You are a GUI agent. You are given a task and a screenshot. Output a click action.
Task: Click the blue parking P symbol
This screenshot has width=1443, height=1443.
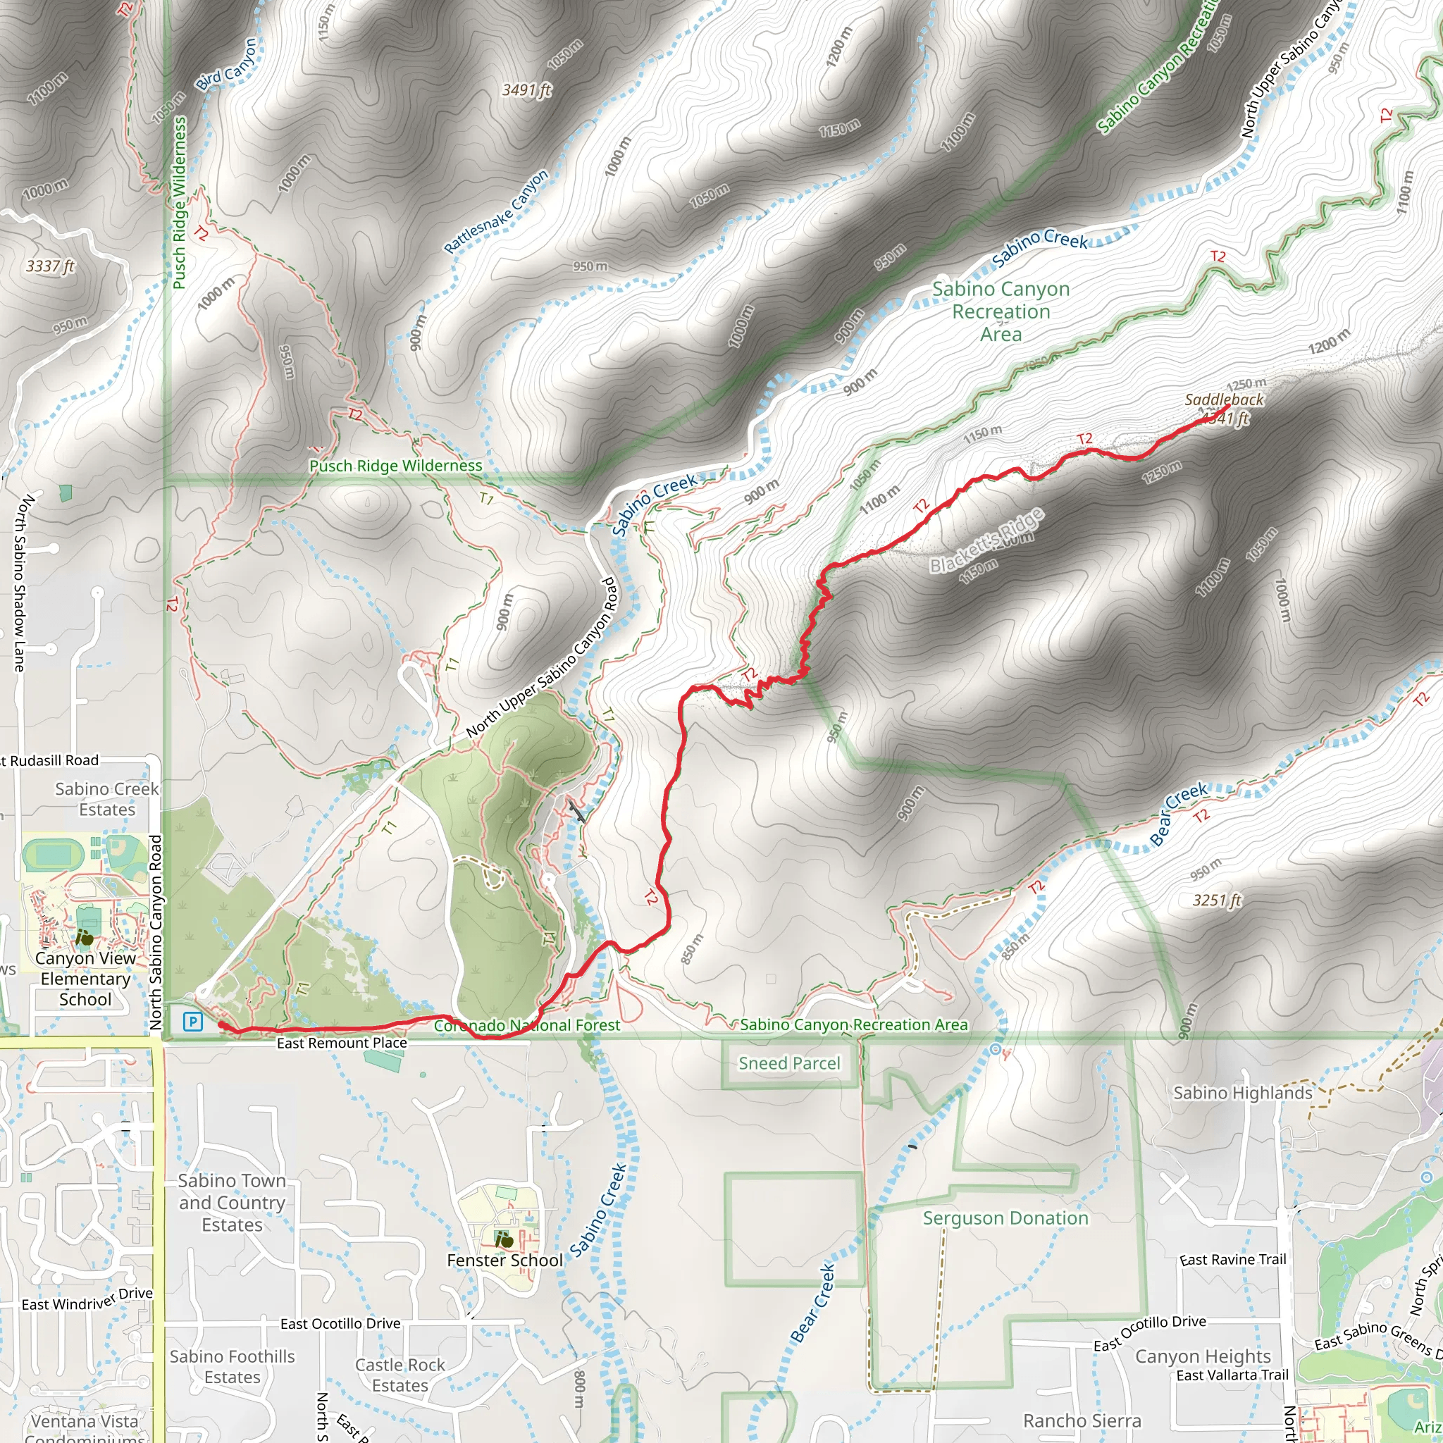(x=192, y=1021)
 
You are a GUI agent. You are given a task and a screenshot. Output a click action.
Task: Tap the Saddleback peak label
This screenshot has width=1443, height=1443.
(x=1224, y=400)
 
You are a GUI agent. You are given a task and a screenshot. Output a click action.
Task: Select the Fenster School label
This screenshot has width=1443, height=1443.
(x=505, y=1260)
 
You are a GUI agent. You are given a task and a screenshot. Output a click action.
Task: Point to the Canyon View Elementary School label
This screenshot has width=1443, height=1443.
(x=85, y=979)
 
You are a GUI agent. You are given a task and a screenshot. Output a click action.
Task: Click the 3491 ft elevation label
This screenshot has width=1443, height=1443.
(x=526, y=90)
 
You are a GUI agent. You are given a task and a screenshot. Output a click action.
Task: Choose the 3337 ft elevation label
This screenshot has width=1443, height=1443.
(x=51, y=266)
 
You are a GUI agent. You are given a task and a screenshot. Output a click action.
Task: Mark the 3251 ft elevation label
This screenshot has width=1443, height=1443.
(x=1217, y=900)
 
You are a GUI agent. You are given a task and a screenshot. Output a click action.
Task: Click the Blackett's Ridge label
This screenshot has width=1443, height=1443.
(x=986, y=540)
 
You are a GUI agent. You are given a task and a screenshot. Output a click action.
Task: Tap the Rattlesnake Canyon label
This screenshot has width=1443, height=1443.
(x=497, y=211)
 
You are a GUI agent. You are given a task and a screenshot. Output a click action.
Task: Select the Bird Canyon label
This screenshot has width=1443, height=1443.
(x=227, y=64)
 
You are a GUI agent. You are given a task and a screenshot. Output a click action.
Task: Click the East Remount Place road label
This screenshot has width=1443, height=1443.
(x=342, y=1043)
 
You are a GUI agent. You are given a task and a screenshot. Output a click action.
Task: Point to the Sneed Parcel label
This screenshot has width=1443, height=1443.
(x=789, y=1063)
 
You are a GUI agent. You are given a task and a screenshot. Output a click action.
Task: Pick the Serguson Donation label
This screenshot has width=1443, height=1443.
(x=1005, y=1218)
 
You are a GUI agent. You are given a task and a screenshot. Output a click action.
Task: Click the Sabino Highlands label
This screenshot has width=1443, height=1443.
(x=1243, y=1093)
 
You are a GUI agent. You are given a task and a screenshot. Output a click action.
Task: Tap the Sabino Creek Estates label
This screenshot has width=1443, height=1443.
(x=107, y=799)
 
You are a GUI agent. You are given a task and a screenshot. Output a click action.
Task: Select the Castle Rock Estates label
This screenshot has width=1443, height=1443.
(x=400, y=1375)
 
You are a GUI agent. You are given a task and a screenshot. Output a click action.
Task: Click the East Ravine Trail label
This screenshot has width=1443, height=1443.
(x=1233, y=1260)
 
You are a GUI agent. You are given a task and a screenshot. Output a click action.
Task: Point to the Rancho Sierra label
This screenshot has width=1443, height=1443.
(x=1082, y=1420)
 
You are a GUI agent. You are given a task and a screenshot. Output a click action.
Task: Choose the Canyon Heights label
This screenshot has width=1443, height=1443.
(x=1203, y=1356)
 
